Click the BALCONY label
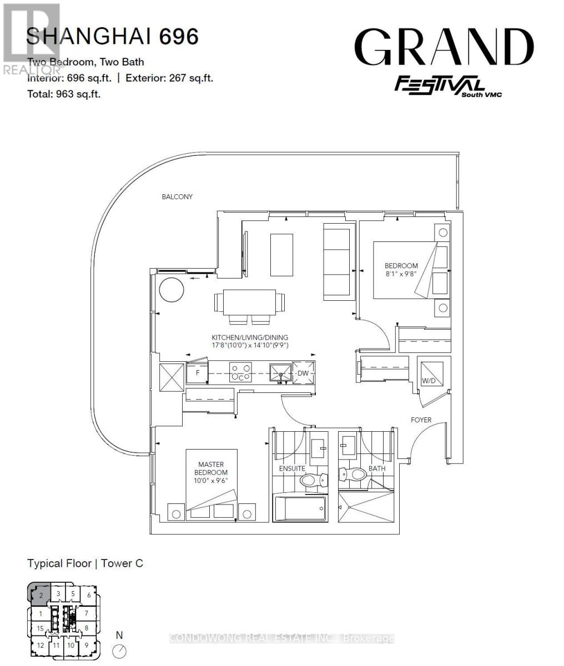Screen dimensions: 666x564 (177, 197)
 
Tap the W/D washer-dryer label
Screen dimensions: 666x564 (428, 381)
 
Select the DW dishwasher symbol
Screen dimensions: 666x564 (303, 374)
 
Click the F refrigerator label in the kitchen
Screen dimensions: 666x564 (197, 374)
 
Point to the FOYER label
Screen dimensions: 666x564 (421, 420)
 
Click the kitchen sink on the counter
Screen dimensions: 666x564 (281, 372)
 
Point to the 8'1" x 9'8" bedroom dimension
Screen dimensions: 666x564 (401, 274)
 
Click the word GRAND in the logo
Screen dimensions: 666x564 (444, 48)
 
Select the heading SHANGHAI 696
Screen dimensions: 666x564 (113, 37)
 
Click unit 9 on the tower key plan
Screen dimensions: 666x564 (86, 645)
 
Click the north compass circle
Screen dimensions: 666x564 (119, 651)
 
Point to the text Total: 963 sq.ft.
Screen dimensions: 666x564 (64, 94)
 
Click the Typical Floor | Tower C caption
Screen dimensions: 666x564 (85, 563)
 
